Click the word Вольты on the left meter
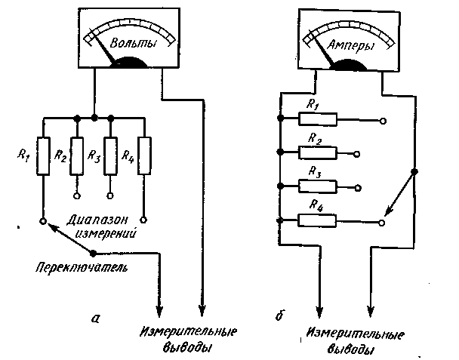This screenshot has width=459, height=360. pos(134,44)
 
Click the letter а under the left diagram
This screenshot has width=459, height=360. pos(94,318)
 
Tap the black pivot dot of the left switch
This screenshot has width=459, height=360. pos(93,253)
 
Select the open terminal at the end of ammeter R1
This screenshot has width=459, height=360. pos(384,119)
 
